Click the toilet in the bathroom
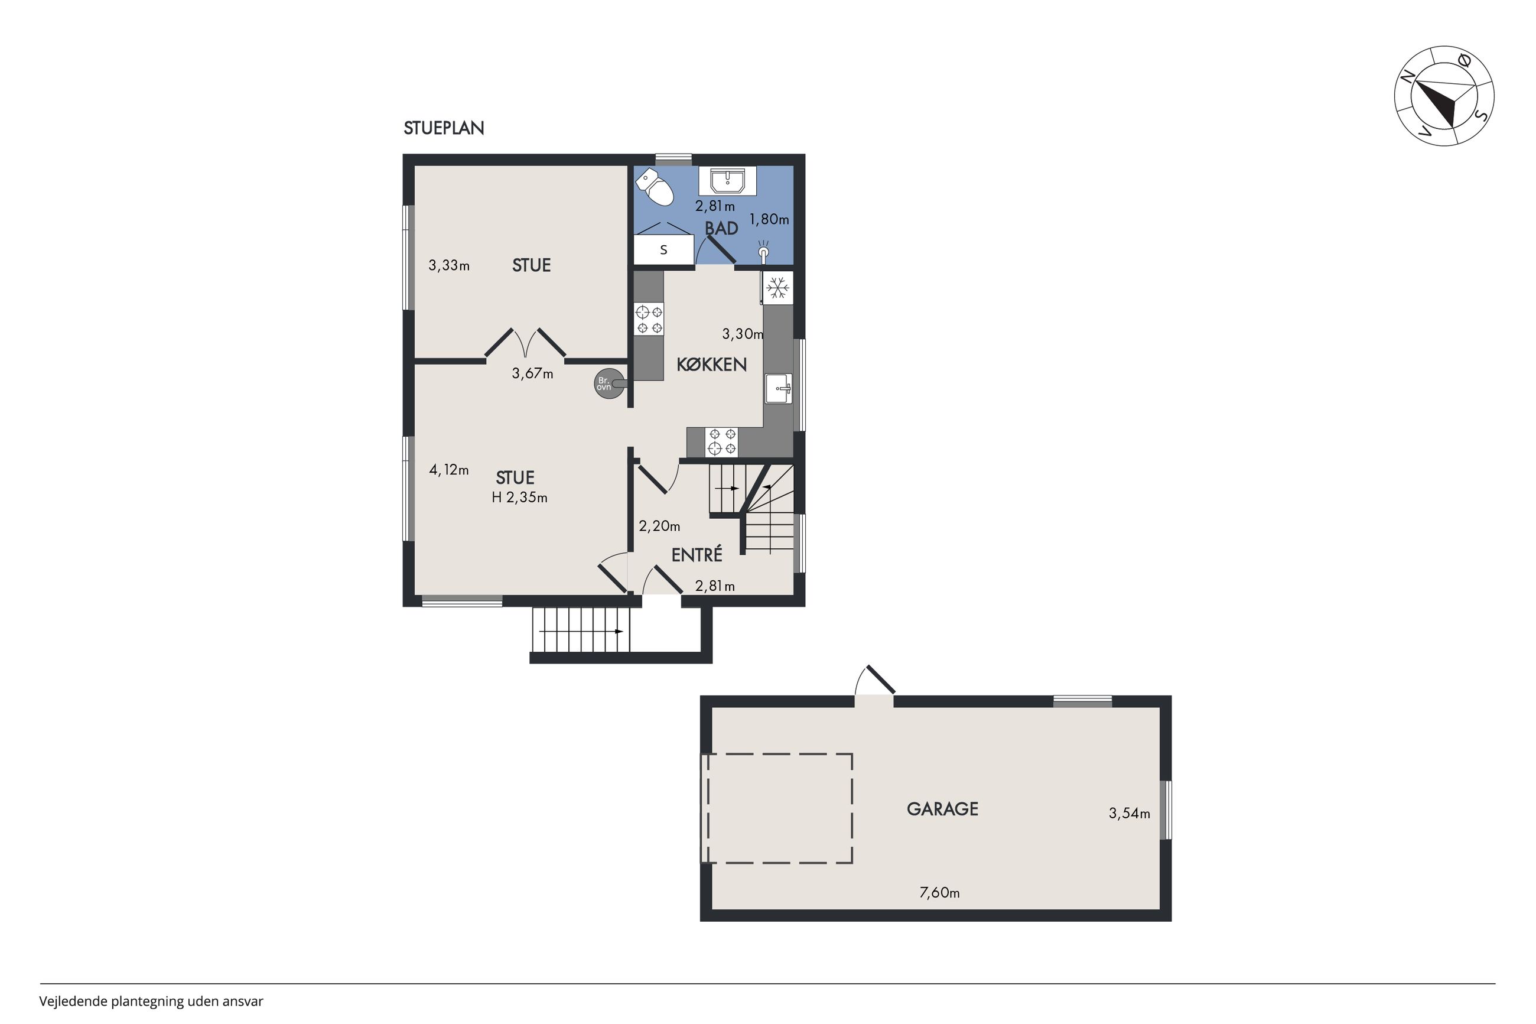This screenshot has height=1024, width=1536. point(655,187)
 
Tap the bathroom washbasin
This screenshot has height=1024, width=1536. point(727,181)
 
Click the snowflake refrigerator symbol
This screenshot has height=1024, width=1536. point(777,287)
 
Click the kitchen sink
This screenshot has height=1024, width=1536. point(778,389)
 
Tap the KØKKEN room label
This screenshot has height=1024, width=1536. point(711,365)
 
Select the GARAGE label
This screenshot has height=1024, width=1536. point(942,809)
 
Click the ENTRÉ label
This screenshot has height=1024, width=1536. point(697,554)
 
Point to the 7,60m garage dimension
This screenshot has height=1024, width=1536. point(939,893)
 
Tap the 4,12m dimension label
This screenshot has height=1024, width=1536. point(449,470)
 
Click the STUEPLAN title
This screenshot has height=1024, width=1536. point(444,128)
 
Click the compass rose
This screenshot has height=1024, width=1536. point(1444,96)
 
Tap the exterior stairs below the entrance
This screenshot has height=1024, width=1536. point(581,630)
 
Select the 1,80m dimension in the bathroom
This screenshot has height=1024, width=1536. point(769,219)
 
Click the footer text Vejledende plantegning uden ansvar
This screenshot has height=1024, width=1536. point(151,1001)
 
